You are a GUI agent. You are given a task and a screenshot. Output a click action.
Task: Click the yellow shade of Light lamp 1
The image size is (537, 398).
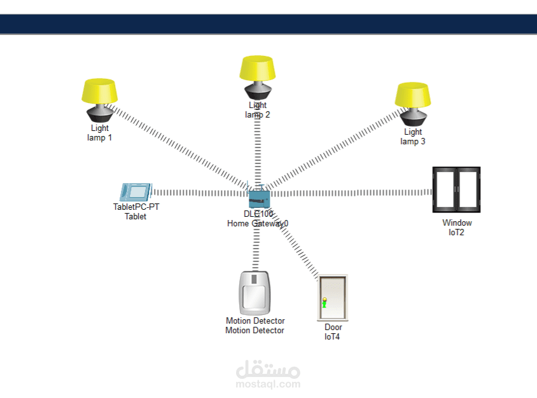(100, 91)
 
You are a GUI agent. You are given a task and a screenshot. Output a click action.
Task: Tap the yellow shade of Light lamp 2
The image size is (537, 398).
(258, 68)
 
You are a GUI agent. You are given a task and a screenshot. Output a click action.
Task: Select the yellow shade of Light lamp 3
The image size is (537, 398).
(413, 95)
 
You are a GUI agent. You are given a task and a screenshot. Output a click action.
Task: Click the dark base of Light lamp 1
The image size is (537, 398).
(100, 113)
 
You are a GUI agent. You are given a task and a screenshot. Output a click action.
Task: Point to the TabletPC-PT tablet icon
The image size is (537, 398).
(136, 192)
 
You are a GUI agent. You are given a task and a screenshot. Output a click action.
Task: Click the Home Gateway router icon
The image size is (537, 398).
(258, 197)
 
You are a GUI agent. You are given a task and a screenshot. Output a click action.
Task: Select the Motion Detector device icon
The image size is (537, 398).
(255, 293)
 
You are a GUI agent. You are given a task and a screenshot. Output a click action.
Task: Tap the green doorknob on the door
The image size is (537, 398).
(324, 303)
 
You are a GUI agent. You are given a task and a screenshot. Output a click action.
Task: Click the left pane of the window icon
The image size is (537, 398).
(445, 189)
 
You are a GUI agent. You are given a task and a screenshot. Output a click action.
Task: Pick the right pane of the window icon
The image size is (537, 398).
(468, 189)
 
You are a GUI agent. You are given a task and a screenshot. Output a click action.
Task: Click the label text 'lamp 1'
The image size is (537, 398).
(99, 137)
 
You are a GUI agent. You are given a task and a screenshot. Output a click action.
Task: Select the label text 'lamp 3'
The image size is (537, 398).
(413, 141)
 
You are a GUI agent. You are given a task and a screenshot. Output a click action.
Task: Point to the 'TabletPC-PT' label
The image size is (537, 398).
(136, 207)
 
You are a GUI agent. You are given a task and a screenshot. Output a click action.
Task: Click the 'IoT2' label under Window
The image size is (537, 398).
(457, 232)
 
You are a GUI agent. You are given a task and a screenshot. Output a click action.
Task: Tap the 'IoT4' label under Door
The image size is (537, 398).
(332, 337)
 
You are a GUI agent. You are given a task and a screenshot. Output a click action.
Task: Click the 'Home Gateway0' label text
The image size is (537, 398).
(258, 223)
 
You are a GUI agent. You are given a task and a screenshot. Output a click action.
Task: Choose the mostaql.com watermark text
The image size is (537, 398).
(268, 384)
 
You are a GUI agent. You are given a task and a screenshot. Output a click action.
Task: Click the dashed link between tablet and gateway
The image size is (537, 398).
(200, 193)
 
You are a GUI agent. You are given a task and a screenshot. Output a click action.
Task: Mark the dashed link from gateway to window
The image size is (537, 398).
(352, 193)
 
